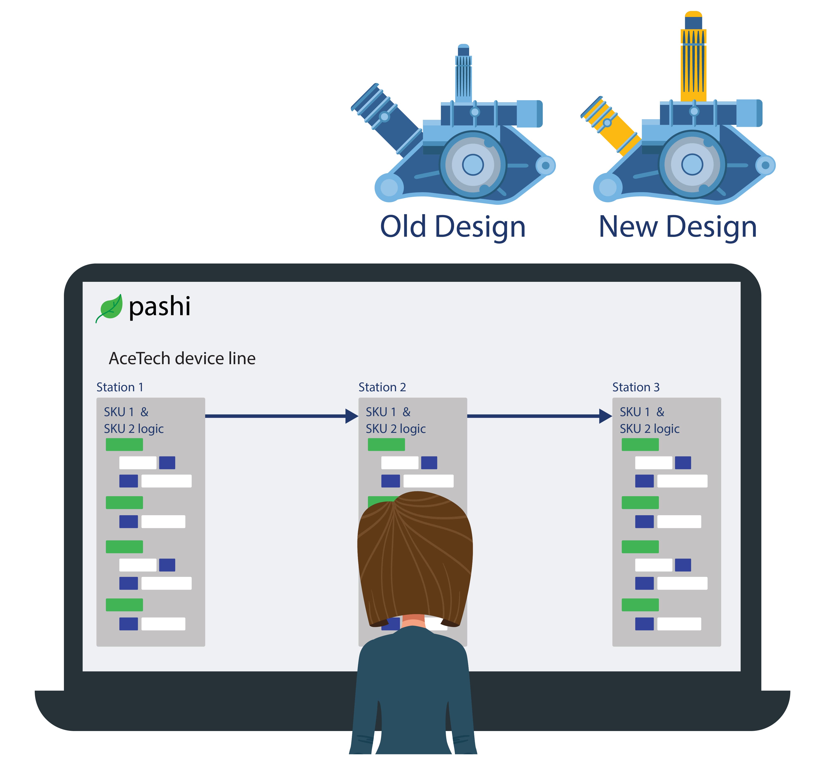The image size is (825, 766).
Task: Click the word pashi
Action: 159,307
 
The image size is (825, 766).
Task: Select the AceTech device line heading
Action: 182,358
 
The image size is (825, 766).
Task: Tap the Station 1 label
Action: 120,387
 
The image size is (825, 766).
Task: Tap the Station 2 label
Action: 382,387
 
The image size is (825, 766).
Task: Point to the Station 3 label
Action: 636,387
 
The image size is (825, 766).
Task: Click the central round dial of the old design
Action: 473,164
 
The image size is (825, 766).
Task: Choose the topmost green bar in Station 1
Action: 124,444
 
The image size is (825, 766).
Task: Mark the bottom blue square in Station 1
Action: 128,624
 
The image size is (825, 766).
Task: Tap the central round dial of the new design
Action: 692,164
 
